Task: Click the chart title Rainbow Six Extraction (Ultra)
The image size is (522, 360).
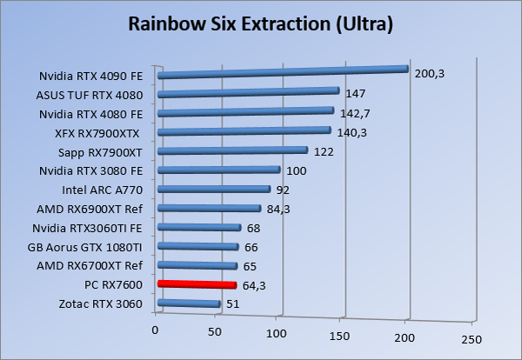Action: [x=261, y=23]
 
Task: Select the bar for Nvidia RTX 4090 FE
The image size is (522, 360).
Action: [x=283, y=72]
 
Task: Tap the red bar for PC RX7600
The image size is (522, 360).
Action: [x=197, y=284]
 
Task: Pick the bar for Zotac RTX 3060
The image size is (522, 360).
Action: [x=189, y=303]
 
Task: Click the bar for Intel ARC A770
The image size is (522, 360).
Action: [x=214, y=189]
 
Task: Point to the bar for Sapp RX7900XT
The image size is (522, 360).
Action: [x=232, y=150]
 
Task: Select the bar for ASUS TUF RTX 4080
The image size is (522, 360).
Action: [x=248, y=91]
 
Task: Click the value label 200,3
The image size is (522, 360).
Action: [x=429, y=74]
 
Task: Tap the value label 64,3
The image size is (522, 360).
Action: [x=255, y=284]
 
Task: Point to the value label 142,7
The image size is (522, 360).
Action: [x=355, y=112]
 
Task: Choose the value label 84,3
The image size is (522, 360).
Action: [x=279, y=208]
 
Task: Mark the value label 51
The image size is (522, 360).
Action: [x=233, y=303]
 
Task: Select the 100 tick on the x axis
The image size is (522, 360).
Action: [x=277, y=335]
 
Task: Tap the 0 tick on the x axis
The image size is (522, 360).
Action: [x=156, y=331]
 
